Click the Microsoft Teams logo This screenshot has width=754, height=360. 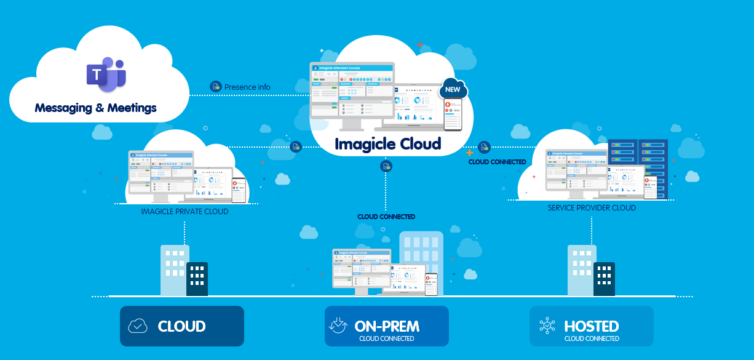pos(106,73)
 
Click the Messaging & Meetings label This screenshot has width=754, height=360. pos(96,108)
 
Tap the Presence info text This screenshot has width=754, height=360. pos(247,87)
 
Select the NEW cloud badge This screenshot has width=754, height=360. pos(453,90)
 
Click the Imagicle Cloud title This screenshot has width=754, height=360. pos(387,144)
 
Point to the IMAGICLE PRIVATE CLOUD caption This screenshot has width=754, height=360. pos(185,212)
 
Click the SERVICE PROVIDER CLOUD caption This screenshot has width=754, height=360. pos(592,208)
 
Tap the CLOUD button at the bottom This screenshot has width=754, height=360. pos(182,326)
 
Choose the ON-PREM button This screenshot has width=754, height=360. pos(387,326)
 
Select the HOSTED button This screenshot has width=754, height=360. pos(592,326)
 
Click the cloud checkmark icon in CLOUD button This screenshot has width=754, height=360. pos(138,326)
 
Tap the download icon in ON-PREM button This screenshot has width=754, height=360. pos(339,325)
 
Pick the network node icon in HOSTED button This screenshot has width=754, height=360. pos(547,326)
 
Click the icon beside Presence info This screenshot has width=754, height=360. pos(215,87)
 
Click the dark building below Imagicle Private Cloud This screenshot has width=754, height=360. pos(197,279)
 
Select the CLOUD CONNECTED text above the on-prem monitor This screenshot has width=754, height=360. pos(386,217)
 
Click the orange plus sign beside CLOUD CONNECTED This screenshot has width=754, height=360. pos(470,152)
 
